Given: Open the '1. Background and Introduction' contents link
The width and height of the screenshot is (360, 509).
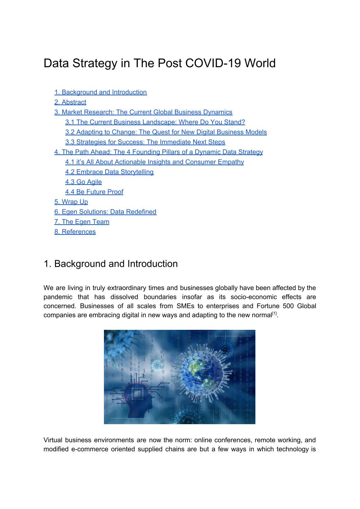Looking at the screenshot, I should (x=101, y=92).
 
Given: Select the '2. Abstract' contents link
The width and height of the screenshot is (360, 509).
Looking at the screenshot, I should (x=70, y=102).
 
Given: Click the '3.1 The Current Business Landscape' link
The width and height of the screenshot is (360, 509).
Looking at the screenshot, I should (x=155, y=122).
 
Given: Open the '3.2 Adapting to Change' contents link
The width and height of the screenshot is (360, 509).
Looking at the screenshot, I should (x=166, y=132).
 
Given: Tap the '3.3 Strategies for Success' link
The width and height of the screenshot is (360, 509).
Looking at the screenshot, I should (x=145, y=142).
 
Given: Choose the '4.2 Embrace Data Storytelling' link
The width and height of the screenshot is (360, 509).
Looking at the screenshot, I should (x=109, y=172).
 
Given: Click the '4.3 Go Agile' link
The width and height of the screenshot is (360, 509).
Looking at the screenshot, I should (x=84, y=182).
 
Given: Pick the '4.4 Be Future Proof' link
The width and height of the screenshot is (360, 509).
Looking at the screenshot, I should (x=94, y=192).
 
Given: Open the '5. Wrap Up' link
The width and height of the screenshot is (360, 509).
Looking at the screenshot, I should (x=71, y=202).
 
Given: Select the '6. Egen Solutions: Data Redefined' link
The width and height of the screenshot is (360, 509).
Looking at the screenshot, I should (x=105, y=212).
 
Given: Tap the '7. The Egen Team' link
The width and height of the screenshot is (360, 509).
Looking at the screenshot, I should (x=82, y=222).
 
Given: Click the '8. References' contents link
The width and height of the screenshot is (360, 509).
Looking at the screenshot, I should (x=75, y=232).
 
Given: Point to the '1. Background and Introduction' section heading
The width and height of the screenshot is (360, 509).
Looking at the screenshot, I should (x=111, y=264).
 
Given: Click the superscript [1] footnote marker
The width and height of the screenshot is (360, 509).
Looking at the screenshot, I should (x=274, y=314).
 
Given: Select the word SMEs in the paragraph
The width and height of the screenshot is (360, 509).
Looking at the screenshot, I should (x=185, y=306).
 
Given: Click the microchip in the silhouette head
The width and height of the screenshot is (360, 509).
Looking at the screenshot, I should (x=137, y=394).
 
